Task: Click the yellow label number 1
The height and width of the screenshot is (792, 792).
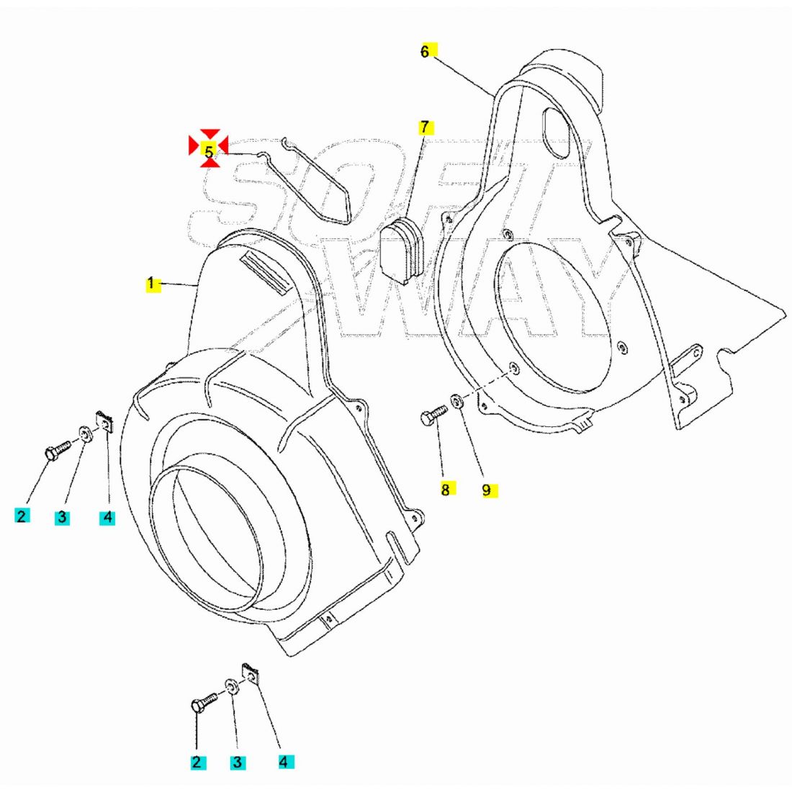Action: point(151,284)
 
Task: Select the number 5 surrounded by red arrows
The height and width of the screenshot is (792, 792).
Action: point(209,152)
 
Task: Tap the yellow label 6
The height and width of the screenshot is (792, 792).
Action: point(425,51)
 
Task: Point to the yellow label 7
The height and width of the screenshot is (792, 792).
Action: point(425,127)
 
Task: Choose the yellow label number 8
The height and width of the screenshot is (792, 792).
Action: point(445,490)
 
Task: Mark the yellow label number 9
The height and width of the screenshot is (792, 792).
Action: point(487,490)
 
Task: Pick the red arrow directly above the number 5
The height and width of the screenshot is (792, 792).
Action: point(210,134)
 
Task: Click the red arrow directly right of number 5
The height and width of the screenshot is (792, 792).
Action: point(223,147)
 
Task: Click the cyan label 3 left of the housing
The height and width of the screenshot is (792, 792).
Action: point(62,516)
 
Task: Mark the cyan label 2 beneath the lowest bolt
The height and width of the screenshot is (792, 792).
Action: point(196,762)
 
